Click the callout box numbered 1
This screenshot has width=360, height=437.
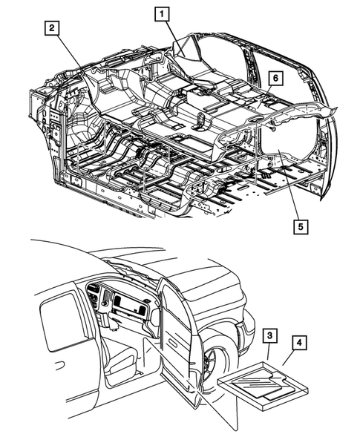click(162, 14)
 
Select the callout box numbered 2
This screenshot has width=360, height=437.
click(52, 28)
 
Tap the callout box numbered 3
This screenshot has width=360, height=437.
click(269, 335)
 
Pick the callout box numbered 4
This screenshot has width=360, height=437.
click(299, 343)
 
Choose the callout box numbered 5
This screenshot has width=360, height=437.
click(300, 227)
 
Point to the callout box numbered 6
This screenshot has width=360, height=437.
click(275, 78)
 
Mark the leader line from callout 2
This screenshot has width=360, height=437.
click(72, 59)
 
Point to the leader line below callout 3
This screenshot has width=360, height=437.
click(268, 351)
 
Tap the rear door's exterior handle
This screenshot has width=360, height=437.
click(59, 365)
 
